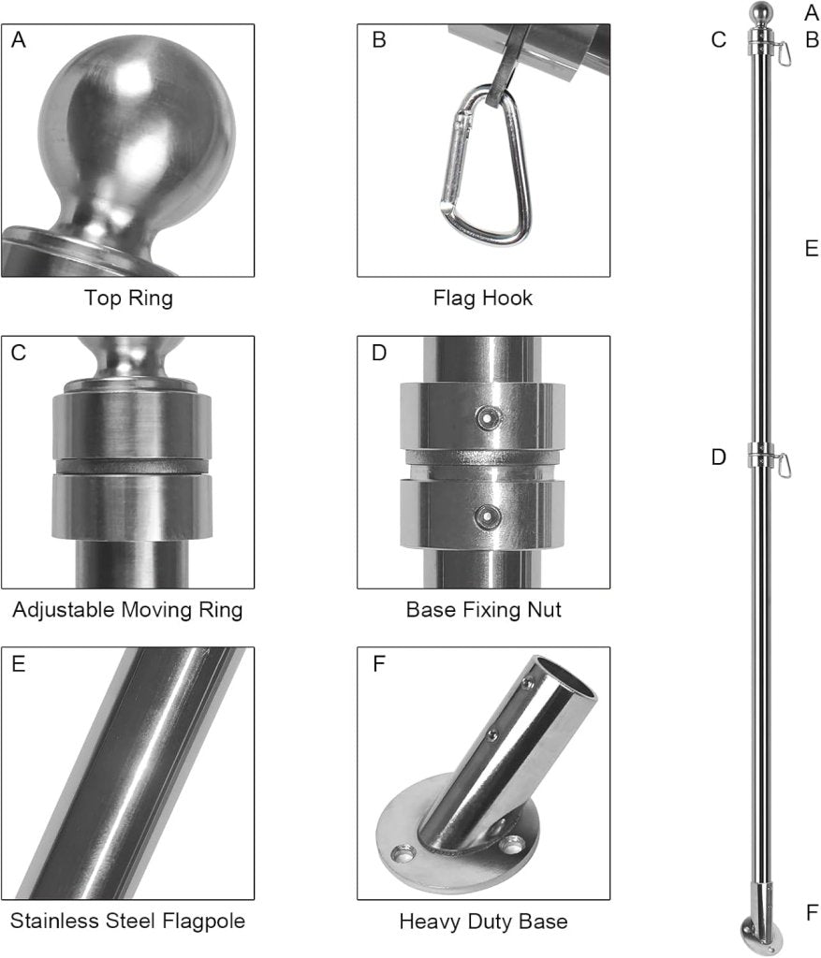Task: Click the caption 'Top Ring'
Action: (x=128, y=298)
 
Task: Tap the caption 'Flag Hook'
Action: (x=483, y=298)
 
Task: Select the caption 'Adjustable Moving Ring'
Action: (x=127, y=610)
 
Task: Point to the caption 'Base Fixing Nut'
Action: (x=484, y=610)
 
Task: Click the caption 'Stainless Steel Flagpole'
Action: (x=127, y=921)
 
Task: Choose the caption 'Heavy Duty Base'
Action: (x=484, y=921)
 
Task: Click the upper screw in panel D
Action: (x=488, y=418)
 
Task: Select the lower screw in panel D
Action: (x=488, y=516)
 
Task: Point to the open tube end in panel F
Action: (x=565, y=676)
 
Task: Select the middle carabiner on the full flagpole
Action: (x=784, y=466)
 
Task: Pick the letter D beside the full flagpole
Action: (x=719, y=457)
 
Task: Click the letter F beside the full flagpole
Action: (x=812, y=913)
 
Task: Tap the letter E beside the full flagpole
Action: (x=812, y=249)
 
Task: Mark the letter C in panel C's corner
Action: (x=19, y=353)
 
